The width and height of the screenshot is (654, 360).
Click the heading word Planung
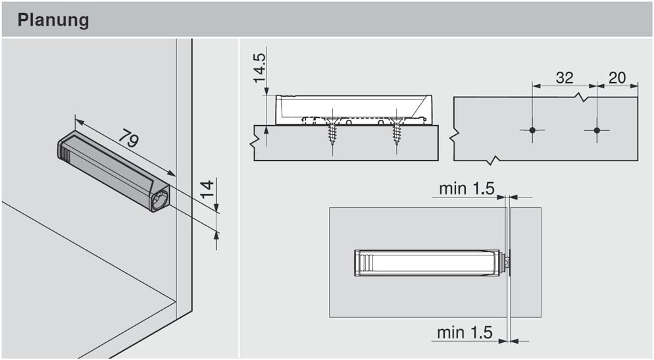click(53, 20)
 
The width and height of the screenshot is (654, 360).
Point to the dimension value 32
click(564, 77)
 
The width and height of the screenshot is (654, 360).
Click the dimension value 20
click(617, 77)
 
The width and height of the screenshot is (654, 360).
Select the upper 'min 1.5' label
click(466, 188)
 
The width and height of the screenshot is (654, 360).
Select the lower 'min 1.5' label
click(465, 332)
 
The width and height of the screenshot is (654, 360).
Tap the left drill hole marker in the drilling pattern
click(532, 130)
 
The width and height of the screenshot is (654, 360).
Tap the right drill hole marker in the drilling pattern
click(597, 130)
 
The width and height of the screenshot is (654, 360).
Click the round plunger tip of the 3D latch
click(161, 200)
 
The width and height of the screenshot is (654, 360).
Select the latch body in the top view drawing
click(428, 263)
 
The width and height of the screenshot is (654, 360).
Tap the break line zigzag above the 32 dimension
click(579, 97)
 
